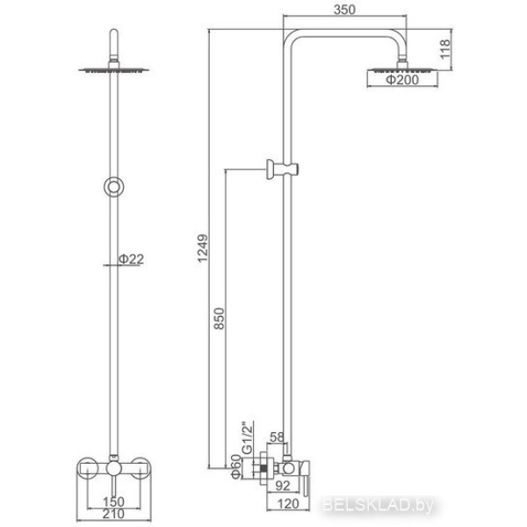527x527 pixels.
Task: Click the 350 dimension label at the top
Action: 344,10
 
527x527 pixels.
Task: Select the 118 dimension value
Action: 444,49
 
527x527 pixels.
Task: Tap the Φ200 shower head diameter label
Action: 402,80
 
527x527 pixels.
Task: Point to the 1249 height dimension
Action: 203,249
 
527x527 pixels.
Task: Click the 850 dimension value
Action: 219,318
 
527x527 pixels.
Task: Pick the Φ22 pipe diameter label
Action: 131,259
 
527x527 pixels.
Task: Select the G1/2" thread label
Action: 247,438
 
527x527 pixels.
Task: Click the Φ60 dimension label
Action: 236,466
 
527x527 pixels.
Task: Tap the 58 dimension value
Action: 277,437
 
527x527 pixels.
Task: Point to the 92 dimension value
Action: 282,486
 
